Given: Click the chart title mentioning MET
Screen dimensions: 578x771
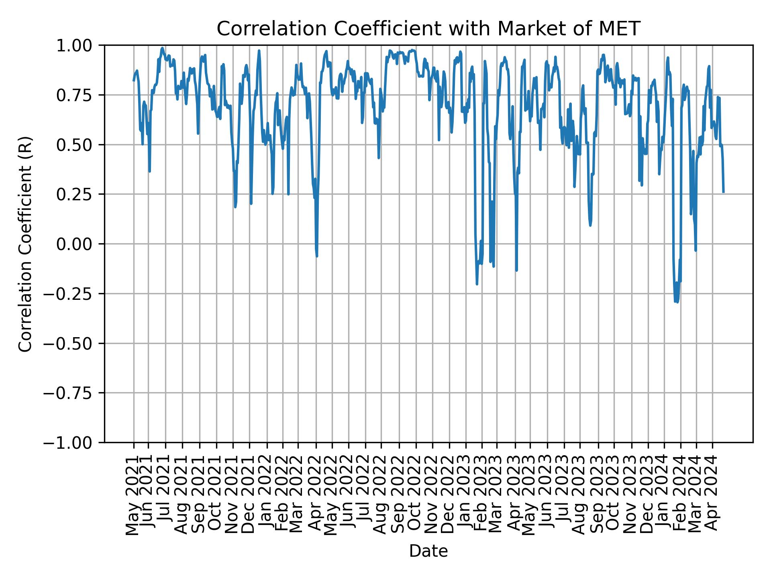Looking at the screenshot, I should click(x=428, y=29).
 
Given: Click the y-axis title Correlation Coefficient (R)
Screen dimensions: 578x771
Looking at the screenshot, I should click(x=25, y=244).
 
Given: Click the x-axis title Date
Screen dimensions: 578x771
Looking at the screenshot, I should click(x=428, y=551).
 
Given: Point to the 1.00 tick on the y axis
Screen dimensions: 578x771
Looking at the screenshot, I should click(x=80, y=46).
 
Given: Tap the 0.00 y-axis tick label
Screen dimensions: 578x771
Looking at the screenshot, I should click(x=80, y=244).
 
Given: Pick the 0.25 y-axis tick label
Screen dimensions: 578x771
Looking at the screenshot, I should click(x=80, y=194).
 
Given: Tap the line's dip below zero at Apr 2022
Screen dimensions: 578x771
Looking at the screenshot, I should click(x=317, y=256).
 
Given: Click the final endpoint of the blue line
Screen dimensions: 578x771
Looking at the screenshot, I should click(x=724, y=192).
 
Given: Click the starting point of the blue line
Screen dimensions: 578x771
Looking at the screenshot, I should click(x=134, y=81).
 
